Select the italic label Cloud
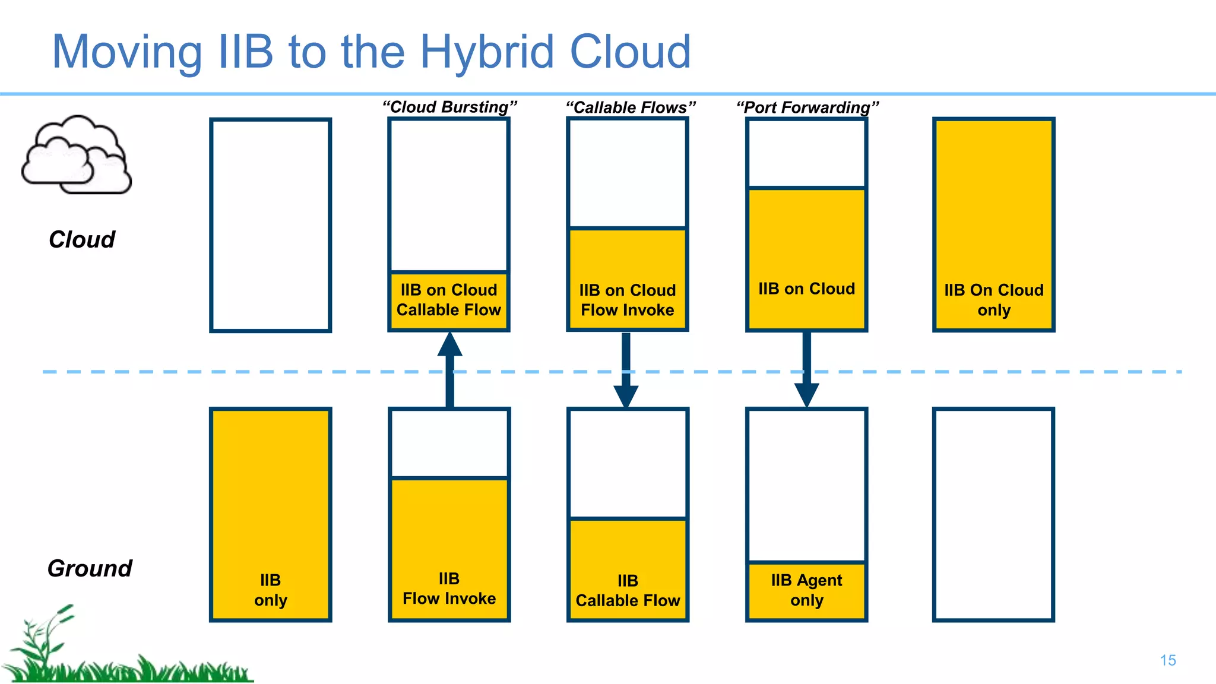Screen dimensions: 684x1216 click(82, 240)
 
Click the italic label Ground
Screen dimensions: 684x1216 click(90, 568)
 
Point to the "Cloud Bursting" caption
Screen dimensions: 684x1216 click(449, 107)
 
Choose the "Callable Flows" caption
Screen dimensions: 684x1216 click(630, 107)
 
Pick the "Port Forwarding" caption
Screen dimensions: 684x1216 click(807, 107)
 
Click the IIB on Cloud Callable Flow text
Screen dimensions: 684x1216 click(449, 300)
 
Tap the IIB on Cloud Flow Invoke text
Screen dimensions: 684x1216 click(628, 300)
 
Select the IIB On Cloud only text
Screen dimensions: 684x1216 click(993, 300)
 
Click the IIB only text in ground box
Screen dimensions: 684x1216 click(270, 590)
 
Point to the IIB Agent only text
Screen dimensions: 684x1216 click(806, 590)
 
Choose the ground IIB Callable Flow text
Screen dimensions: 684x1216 click(628, 590)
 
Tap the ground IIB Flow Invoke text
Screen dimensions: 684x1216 click(449, 588)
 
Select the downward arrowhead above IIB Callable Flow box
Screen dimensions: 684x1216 click(626, 395)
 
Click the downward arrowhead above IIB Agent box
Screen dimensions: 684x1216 click(806, 394)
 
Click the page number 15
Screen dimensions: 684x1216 click(1167, 660)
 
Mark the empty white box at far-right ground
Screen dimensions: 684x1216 click(993, 514)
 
